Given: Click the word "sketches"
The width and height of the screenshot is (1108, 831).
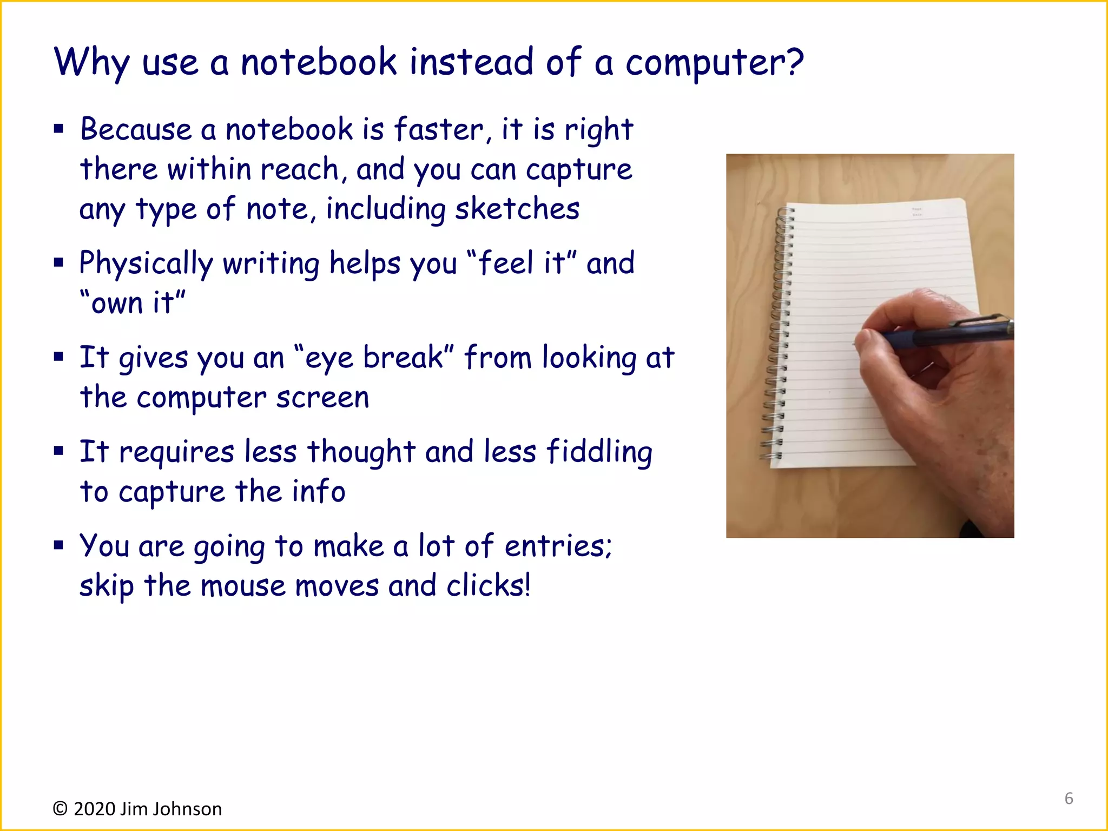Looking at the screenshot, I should coord(517,209).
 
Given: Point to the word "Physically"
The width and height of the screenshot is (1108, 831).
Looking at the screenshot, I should coord(146,264).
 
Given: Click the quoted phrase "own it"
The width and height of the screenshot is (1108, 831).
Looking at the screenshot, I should coord(133,302).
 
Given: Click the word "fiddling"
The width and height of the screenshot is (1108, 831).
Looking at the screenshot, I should coord(599,452).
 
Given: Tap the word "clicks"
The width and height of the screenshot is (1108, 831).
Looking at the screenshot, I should coord(485,586).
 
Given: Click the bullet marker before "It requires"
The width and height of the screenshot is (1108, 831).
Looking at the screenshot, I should coord(58,451).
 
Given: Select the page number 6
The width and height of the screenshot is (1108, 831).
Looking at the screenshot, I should coord(1069,799).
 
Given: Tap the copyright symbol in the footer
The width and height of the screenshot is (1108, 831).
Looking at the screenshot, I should coord(60,809).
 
